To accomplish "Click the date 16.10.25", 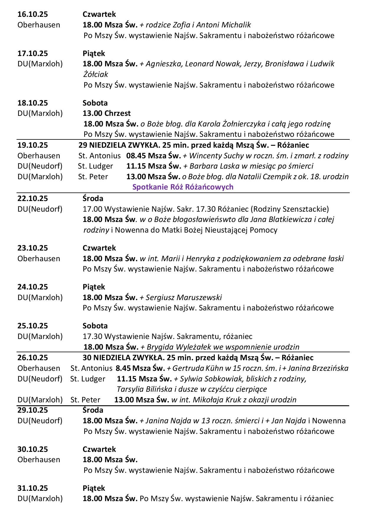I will pos(32,14).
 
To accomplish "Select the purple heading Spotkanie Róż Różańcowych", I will pos(183,187).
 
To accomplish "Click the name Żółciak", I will pos(96,74).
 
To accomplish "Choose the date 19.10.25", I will pos(32,145).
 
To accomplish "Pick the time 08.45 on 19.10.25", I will pos(136,156).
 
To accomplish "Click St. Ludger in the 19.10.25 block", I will pos(95,166).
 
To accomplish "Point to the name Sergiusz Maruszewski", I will pos(184,297).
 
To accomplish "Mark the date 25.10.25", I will pos(32,326).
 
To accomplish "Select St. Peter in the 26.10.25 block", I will pos(85,400).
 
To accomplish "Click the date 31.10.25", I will pos(32,488).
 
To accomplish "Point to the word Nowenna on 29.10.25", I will pos(329,421).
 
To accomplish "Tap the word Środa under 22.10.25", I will pos(93,198).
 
